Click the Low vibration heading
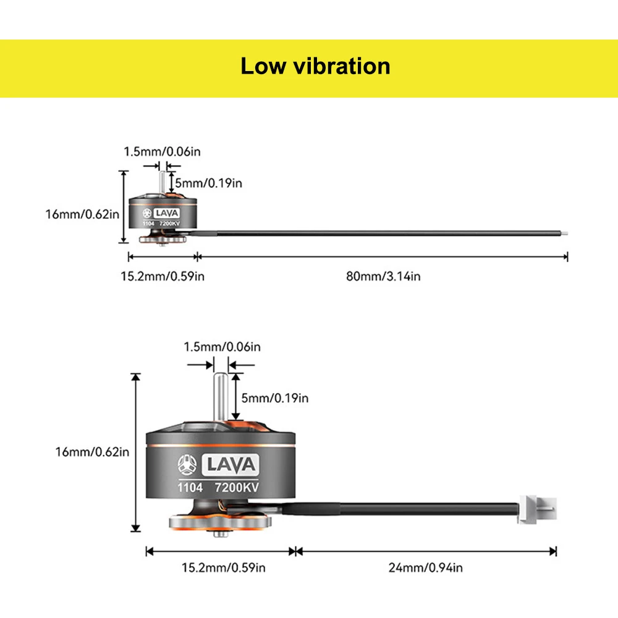click(x=315, y=66)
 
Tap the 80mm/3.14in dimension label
click(x=383, y=276)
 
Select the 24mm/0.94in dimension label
click(x=425, y=567)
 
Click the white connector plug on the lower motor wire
click(x=538, y=509)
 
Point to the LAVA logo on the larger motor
click(x=231, y=465)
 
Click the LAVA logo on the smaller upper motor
click(x=167, y=213)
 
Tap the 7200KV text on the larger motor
click(x=237, y=488)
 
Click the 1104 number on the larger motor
click(x=190, y=488)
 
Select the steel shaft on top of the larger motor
click(x=221, y=397)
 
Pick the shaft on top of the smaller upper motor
click(x=162, y=182)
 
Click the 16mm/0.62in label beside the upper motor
click(x=82, y=214)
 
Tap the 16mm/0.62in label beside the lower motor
click(x=92, y=452)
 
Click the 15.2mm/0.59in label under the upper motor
click(x=163, y=276)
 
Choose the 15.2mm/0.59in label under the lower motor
click(x=224, y=567)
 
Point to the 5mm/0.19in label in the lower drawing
click(x=275, y=398)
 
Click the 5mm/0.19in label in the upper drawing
click(x=208, y=184)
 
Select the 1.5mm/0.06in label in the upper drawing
click(x=162, y=151)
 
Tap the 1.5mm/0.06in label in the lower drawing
click(x=222, y=347)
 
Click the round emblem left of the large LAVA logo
click(x=187, y=464)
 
